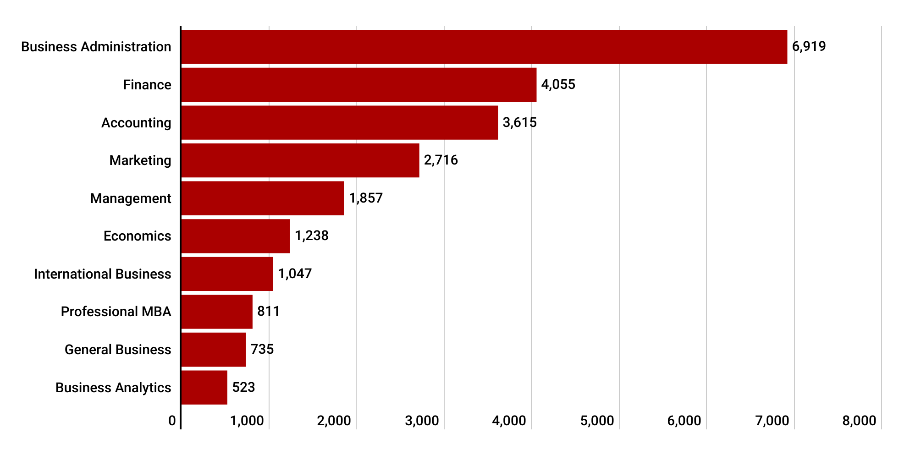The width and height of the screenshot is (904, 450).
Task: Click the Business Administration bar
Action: coord(484,47)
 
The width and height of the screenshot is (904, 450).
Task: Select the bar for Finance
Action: coord(359,85)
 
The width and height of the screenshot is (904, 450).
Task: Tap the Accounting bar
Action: coord(340,123)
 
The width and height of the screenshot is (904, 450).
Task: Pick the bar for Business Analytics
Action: coord(204,388)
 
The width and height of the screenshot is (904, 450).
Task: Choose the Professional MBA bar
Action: coord(217,312)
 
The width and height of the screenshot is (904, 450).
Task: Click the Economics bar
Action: coord(236,236)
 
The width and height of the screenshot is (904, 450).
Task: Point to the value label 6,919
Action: coord(809,46)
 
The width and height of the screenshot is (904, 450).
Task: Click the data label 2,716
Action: coord(441,160)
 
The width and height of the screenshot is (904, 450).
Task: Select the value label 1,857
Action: coord(365,198)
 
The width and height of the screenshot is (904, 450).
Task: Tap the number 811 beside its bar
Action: coord(268,311)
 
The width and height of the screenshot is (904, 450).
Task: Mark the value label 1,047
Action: coord(295,274)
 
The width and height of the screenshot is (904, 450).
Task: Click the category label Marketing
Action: coord(140,160)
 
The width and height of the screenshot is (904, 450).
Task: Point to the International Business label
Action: coord(102,274)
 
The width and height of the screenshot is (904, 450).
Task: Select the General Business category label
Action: coord(117,350)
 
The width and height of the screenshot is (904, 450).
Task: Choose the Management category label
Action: coord(130,198)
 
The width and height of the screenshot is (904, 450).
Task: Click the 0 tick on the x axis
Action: coord(172,421)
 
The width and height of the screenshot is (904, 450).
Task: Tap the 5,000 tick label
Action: coord(597,421)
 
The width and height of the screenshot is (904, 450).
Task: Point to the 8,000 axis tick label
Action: coord(859,421)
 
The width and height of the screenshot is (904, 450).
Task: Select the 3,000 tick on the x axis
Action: coord(422,421)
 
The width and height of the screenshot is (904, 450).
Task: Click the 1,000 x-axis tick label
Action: coord(247,421)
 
